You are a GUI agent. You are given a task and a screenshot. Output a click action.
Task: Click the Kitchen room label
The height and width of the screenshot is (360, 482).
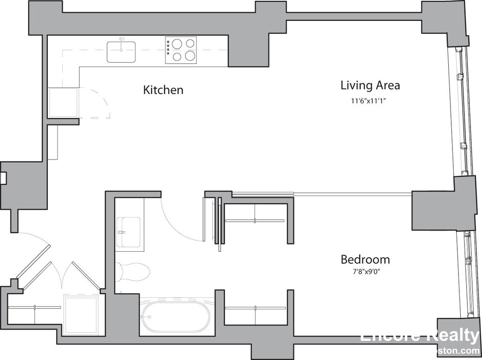point(163,90)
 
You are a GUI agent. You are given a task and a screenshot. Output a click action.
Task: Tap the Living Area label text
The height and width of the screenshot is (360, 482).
point(370,85)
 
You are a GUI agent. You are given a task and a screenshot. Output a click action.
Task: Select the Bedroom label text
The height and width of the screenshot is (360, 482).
point(365,259)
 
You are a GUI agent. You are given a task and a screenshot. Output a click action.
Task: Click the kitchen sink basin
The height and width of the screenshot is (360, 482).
point(121,52)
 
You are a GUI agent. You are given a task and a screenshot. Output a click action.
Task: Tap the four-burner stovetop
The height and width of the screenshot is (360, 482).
point(181,50)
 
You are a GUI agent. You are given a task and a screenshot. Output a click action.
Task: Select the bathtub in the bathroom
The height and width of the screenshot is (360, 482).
point(175,317)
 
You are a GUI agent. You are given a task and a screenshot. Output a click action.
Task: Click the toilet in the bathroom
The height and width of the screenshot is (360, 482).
point(133,271)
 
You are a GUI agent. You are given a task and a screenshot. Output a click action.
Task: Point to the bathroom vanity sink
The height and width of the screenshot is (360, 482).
point(129,232)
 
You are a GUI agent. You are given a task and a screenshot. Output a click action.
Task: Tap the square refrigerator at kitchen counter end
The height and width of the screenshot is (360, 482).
point(63,102)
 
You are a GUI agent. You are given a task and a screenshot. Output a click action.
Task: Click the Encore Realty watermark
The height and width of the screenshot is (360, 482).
point(420,337)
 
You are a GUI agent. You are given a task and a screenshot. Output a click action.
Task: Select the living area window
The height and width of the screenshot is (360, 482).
point(461,111)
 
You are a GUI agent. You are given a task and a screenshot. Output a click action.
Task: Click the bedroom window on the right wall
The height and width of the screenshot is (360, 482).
point(467,273)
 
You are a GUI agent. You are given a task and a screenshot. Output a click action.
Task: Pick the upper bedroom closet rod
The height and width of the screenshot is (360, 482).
point(254,221)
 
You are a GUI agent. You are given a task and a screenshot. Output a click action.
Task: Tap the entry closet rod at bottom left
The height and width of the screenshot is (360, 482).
point(34,307)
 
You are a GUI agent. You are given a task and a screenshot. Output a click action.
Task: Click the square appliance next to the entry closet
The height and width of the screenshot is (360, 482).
point(81,315)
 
